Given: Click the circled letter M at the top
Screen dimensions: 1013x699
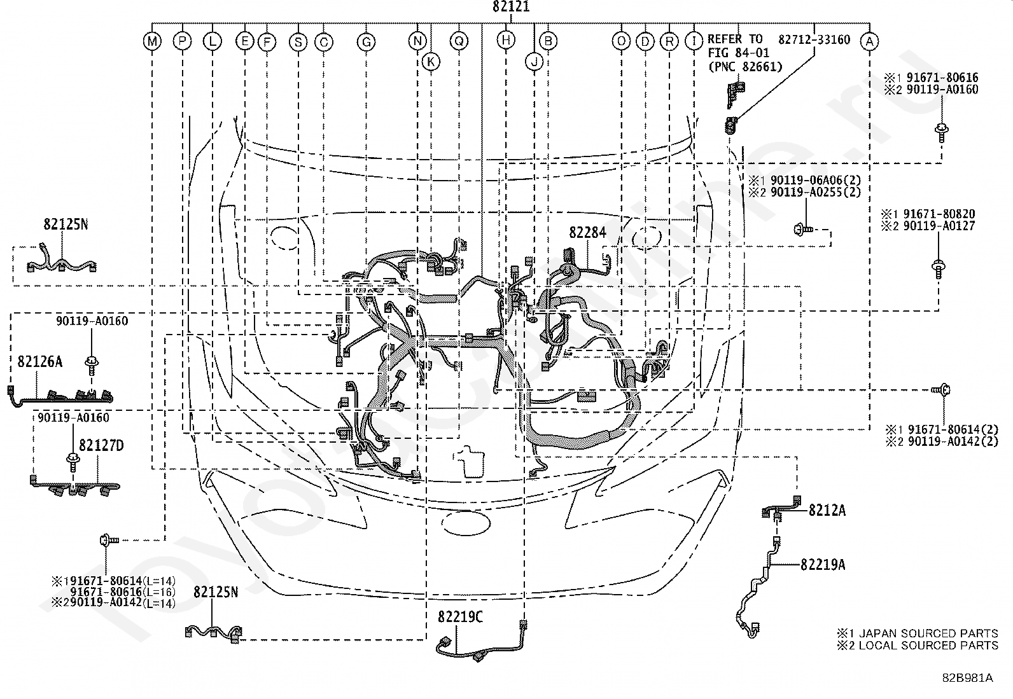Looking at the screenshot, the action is [153, 41].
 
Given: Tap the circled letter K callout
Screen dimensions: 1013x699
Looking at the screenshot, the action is [431, 62].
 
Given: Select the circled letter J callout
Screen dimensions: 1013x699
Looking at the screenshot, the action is [534, 62].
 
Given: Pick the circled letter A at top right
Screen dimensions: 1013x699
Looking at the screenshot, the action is [869, 41].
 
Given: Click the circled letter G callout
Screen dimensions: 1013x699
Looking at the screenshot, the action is [366, 42].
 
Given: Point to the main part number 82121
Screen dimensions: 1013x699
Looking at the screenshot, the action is [511, 7].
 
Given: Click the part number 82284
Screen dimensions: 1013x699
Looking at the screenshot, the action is [587, 232].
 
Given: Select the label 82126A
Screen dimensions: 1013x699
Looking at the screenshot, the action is [40, 361].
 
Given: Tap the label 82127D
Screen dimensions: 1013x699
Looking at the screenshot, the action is [101, 445].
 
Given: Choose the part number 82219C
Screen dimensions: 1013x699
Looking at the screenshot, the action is [461, 617].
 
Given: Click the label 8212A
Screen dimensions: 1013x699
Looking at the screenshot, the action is [827, 511].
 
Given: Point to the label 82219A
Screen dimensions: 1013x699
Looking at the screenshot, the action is [823, 565].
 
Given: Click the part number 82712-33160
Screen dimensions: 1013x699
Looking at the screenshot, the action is [814, 40].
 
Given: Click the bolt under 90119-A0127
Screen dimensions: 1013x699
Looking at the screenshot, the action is [938, 270].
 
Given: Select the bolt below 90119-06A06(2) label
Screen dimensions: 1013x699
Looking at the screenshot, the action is [804, 230].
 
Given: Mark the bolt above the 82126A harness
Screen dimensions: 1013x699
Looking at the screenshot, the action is [92, 365].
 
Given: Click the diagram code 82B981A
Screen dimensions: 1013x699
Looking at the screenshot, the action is [967, 677].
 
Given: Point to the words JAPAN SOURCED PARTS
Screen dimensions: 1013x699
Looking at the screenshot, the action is [928, 633].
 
